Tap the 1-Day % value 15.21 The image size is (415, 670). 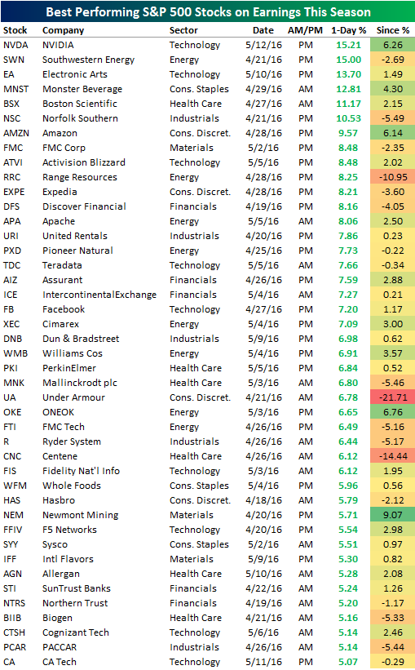point(347,45)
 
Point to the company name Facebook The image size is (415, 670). point(64,309)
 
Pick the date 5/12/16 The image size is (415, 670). point(264,45)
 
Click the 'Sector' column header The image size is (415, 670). point(184,29)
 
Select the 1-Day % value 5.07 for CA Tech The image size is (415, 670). point(347,662)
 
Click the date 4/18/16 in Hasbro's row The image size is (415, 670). point(264,500)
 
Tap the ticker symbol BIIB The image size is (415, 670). point(14,618)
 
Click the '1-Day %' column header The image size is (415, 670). point(347,29)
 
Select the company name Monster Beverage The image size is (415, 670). point(80,89)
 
